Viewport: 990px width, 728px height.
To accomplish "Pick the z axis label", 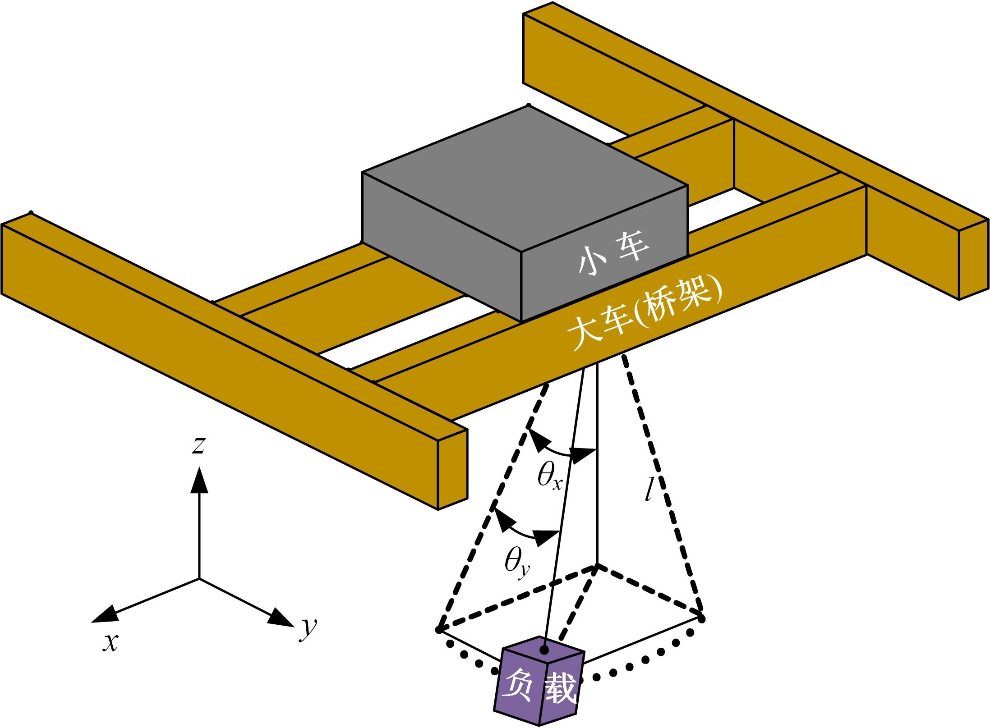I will pos(198,445).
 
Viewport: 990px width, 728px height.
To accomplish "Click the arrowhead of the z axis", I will pos(199,481).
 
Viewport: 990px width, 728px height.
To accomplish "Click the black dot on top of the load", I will pos(544,650).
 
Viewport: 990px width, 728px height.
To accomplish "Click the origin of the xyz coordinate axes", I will pos(199,579).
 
